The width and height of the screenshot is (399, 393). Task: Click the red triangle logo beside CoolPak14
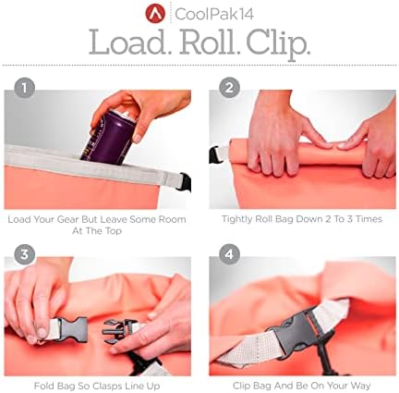pyautogui.click(x=156, y=13)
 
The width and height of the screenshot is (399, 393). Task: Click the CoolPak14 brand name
pyautogui.click(x=214, y=14)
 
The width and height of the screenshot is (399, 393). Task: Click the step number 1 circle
pyautogui.click(x=24, y=88)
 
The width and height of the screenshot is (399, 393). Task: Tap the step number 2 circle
pyautogui.click(x=229, y=88)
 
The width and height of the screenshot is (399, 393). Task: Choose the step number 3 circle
pyautogui.click(x=24, y=254)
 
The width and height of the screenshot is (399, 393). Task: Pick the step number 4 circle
pyautogui.click(x=229, y=254)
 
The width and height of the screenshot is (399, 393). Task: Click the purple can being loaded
pyautogui.click(x=109, y=136)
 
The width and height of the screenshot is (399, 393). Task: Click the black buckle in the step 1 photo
pyautogui.click(x=185, y=182)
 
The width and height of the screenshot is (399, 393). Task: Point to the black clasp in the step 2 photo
pyautogui.click(x=215, y=155)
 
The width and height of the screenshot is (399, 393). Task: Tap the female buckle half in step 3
pyautogui.click(x=73, y=329)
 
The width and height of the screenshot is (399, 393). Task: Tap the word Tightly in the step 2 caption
pyautogui.click(x=237, y=219)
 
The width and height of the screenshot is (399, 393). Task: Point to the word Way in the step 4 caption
pyautogui.click(x=360, y=386)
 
